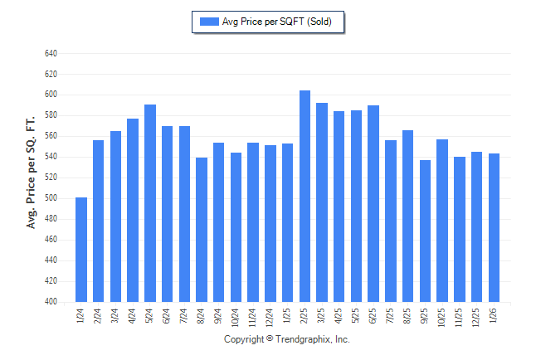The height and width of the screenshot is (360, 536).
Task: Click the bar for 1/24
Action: tap(81, 250)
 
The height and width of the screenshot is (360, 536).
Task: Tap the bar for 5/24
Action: tap(150, 203)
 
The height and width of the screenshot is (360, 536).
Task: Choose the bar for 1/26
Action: tap(495, 227)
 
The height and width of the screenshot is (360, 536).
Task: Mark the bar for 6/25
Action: tap(373, 203)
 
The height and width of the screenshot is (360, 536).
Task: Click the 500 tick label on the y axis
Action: tap(51, 198)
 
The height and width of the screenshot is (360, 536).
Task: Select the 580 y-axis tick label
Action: tap(51, 115)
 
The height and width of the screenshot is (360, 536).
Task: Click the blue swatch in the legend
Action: tap(208, 22)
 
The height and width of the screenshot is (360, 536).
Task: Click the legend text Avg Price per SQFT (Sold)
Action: tap(276, 22)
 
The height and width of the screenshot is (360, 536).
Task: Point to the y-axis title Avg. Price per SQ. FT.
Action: tap(32, 173)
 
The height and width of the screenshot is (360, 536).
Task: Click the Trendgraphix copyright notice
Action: tap(287, 340)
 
